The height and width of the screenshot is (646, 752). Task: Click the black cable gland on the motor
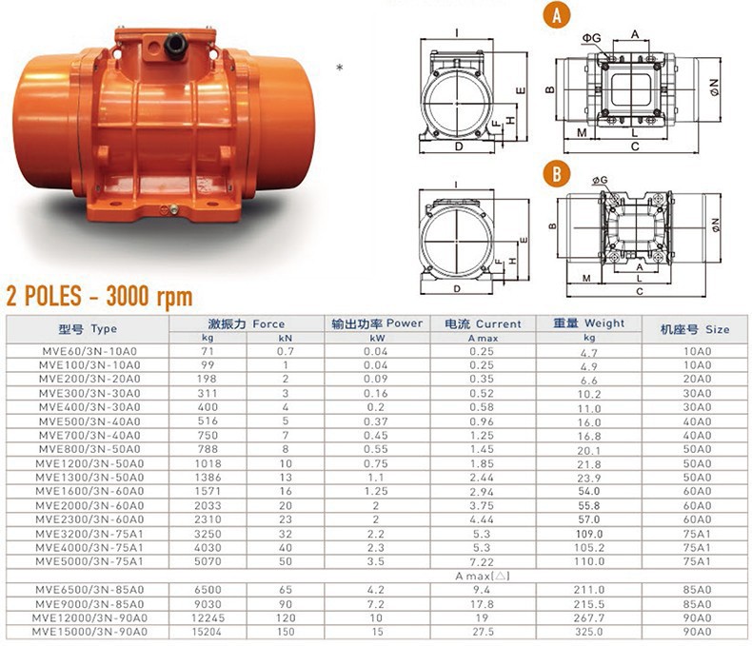pyautogui.click(x=175, y=46)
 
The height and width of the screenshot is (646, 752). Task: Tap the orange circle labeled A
pyautogui.click(x=556, y=15)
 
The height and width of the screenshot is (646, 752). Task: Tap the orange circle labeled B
pyautogui.click(x=556, y=173)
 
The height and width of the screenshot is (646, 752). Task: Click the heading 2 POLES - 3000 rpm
pyautogui.click(x=99, y=296)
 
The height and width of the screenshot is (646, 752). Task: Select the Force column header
pyautogui.click(x=247, y=324)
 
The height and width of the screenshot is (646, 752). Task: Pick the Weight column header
pyautogui.click(x=589, y=323)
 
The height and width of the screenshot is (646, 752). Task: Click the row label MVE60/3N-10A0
pyautogui.click(x=89, y=351)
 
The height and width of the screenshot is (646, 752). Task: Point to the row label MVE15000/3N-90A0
pyautogui.click(x=89, y=632)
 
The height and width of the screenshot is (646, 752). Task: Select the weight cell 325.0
pyautogui.click(x=589, y=632)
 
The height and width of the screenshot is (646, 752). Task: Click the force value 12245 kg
pyautogui.click(x=208, y=618)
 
